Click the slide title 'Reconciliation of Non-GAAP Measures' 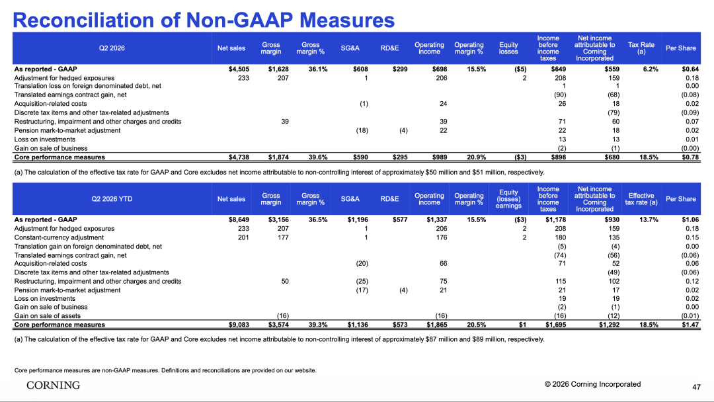(x=204, y=20)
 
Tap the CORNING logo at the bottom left (x=54, y=385)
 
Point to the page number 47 (x=696, y=387)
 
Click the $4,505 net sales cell (x=239, y=69)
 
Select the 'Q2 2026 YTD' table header (x=112, y=199)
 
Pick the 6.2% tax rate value (x=651, y=69)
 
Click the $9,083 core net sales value (x=239, y=325)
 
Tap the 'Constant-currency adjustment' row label (x=59, y=237)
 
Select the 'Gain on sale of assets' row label (x=48, y=316)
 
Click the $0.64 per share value (x=690, y=69)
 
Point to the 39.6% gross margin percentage (x=318, y=157)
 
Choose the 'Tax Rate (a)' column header (x=641, y=48)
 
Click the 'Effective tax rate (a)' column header (x=641, y=199)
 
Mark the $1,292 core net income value (x=610, y=325)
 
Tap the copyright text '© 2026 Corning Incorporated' (x=592, y=384)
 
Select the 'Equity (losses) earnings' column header (x=508, y=199)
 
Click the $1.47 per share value (x=690, y=325)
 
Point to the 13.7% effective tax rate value (x=649, y=220)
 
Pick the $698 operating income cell (x=440, y=69)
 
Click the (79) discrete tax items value (x=614, y=112)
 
